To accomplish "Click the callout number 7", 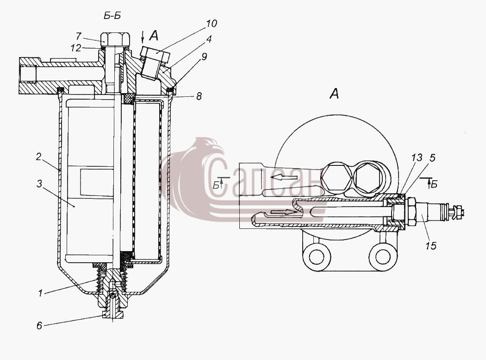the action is (79, 36).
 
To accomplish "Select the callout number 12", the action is (75, 48).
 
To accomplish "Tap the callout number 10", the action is (212, 24).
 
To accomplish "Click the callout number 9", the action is (204, 57).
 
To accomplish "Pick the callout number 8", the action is (199, 96).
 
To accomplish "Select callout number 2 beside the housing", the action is (38, 157).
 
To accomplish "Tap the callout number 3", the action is (39, 184).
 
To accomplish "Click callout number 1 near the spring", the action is (40, 293).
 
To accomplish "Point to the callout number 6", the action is (39, 326).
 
